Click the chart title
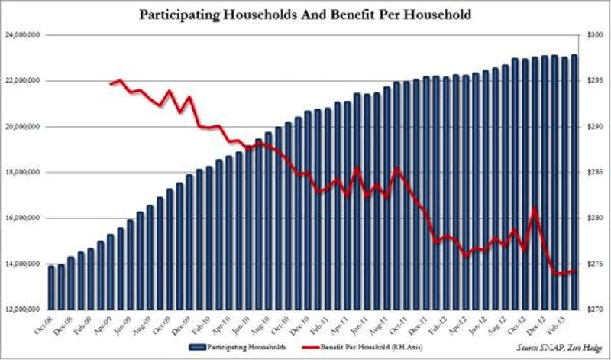click(305, 14)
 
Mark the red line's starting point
click(112, 83)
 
